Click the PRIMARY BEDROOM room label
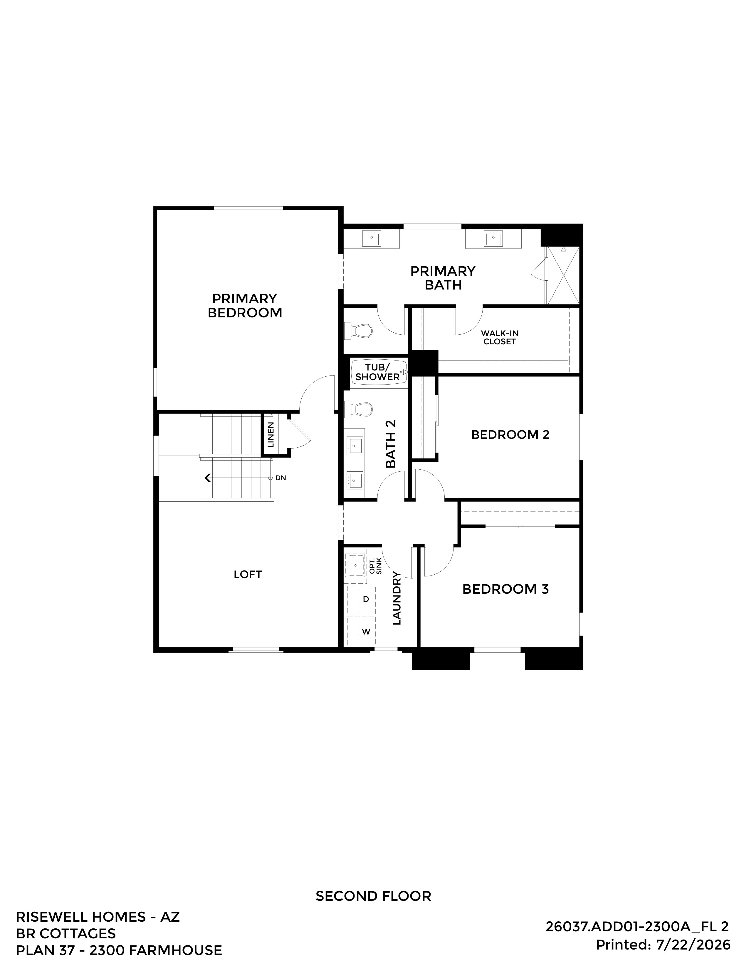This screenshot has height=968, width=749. click(x=245, y=305)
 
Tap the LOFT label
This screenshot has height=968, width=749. click(x=248, y=574)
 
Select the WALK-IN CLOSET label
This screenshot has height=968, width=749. click(x=500, y=337)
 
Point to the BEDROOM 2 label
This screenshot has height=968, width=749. click(x=510, y=435)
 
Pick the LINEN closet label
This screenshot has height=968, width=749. click(x=271, y=434)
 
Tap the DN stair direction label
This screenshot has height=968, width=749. click(x=281, y=478)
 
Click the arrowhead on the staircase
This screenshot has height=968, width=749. click(x=207, y=478)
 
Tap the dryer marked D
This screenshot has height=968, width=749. click(x=361, y=600)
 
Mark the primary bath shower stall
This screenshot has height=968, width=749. click(x=563, y=275)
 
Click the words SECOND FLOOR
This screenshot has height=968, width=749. click(x=374, y=896)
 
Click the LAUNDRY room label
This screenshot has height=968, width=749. click(x=397, y=598)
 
